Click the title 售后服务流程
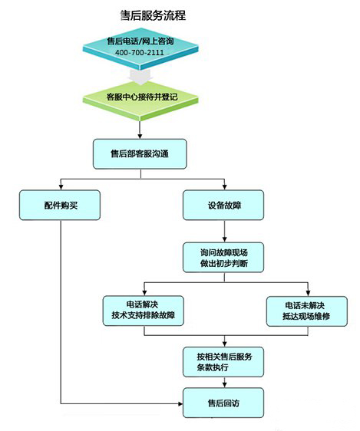(x=153, y=15)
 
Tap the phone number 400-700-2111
(x=140, y=52)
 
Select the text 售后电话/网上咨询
(x=140, y=41)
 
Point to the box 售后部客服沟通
(x=140, y=154)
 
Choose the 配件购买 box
(x=60, y=205)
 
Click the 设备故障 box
(x=223, y=205)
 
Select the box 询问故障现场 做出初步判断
(x=223, y=258)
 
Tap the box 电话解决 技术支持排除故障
(x=144, y=311)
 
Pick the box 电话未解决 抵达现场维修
(x=307, y=311)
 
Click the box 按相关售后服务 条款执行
(x=223, y=362)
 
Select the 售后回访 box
(x=223, y=403)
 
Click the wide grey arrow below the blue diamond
(x=140, y=77)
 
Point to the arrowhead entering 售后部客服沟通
(x=140, y=136)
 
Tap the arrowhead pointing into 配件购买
(x=61, y=187)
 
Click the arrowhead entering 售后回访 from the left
(x=180, y=404)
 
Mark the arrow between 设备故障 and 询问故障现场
(x=224, y=231)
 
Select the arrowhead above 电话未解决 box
(x=308, y=293)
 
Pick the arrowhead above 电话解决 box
(x=144, y=293)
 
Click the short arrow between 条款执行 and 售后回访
(x=224, y=383)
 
